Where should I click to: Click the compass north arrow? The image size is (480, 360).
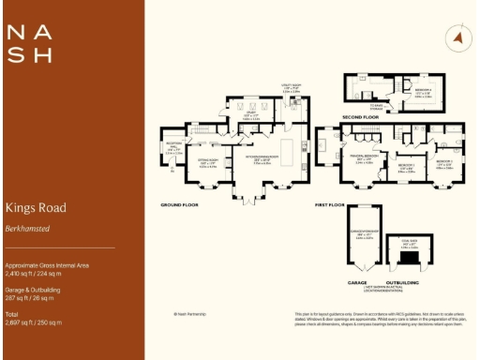click(458, 37)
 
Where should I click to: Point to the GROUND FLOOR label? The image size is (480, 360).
click(181, 203)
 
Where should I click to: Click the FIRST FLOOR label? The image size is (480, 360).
click(330, 203)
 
